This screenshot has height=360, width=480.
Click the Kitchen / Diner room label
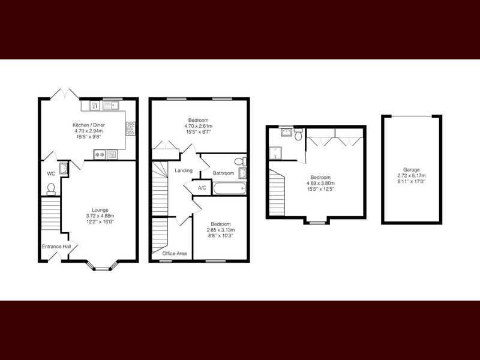(x=88, y=125)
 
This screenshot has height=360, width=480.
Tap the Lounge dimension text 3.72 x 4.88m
(x=100, y=216)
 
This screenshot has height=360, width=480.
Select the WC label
(x=51, y=174)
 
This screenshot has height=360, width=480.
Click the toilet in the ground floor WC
(x=51, y=189)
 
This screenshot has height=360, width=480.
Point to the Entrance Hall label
(x=56, y=247)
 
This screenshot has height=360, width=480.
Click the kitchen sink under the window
(x=111, y=106)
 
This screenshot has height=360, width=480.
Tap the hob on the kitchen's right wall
(x=130, y=128)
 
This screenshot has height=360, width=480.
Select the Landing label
(x=184, y=170)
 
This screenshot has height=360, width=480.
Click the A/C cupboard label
(x=202, y=188)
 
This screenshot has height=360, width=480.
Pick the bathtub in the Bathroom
(x=230, y=188)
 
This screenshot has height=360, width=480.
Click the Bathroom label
(x=223, y=173)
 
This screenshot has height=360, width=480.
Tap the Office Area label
(x=175, y=253)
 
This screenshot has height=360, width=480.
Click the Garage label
(x=412, y=170)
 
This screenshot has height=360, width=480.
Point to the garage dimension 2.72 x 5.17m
(x=412, y=176)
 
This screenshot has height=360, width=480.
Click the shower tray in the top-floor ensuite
(x=276, y=153)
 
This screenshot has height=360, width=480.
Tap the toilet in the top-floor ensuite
(x=298, y=134)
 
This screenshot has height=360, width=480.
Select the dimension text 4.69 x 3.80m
(x=320, y=184)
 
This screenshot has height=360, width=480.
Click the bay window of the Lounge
(x=101, y=266)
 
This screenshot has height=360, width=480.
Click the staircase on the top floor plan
(x=277, y=193)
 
